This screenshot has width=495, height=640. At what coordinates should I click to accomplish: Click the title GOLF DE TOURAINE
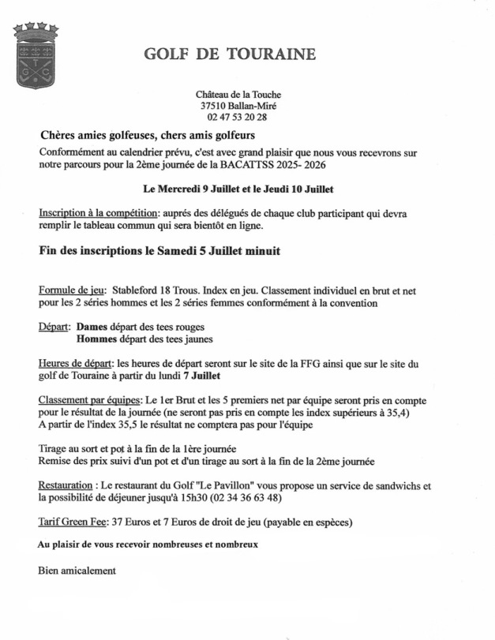(230, 54)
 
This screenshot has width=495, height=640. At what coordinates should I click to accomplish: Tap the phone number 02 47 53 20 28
(238, 117)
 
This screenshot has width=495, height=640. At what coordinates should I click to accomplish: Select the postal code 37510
(213, 106)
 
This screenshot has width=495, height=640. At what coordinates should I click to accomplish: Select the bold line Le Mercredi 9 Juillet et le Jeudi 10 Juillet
(238, 189)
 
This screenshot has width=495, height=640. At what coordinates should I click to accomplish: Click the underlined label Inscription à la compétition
(97, 213)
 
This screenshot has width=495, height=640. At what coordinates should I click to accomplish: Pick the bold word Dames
(92, 326)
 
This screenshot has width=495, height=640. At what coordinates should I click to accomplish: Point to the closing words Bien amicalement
(77, 570)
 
